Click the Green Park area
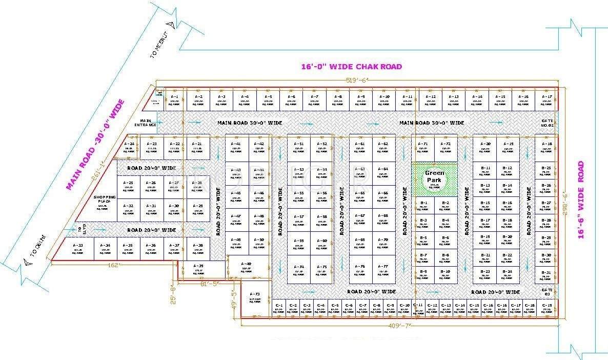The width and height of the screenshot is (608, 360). tap(434, 179)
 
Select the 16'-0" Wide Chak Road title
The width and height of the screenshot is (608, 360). tap(351, 67)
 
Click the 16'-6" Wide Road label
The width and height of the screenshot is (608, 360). tap(581, 199)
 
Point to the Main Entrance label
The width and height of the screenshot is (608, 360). tap(141, 123)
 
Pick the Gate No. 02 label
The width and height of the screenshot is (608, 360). tap(547, 123)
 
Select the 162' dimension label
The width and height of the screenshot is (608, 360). tap(113, 265)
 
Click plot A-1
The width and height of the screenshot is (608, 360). tap(174, 99)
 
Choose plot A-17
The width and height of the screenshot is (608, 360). tap(546, 99)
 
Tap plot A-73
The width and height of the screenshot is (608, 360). tap(255, 297)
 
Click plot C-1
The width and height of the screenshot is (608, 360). tap(279, 308)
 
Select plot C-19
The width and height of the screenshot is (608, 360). tap(547, 308)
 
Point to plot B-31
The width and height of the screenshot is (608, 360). tap(546, 275)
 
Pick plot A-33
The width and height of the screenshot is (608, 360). tap(78, 249)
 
